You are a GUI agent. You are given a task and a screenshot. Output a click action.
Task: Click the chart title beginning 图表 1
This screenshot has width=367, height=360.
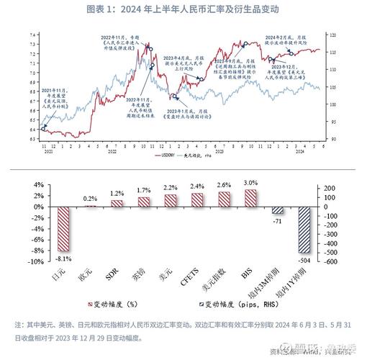(183, 9)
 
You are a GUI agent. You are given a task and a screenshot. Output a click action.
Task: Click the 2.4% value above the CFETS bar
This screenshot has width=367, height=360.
(196, 186)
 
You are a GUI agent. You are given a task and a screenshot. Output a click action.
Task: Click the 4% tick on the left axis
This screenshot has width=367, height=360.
(37, 184)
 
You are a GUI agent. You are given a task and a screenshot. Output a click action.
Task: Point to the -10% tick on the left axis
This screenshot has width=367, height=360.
(35, 262)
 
